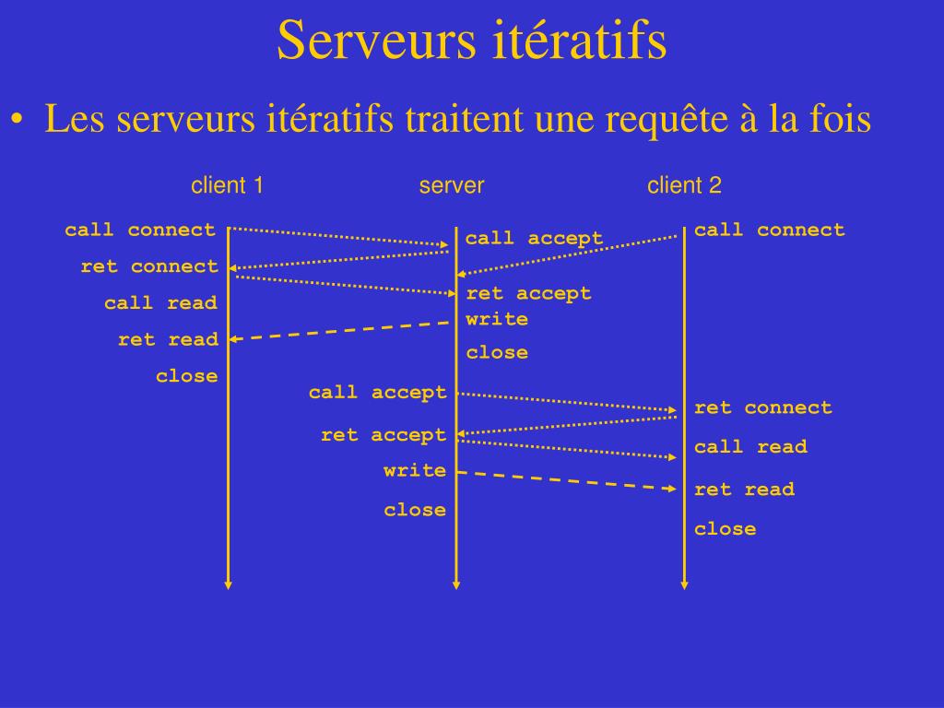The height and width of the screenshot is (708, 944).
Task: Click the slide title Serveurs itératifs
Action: pyautogui.click(x=471, y=41)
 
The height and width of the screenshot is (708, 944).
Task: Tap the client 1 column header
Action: pyautogui.click(x=228, y=185)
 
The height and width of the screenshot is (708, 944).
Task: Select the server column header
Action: pyautogui.click(x=452, y=185)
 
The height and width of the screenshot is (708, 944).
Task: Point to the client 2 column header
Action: pyautogui.click(x=684, y=185)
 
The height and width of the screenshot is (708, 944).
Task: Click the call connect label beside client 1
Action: pyautogui.click(x=140, y=230)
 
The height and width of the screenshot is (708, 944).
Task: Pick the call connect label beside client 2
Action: pyautogui.click(x=769, y=230)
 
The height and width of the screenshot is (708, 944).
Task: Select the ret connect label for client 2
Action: pyautogui.click(x=762, y=407)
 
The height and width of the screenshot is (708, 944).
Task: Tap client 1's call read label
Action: pyautogui.click(x=160, y=302)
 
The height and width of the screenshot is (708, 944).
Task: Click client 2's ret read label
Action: pyautogui.click(x=744, y=490)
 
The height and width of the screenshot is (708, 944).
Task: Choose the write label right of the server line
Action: pyautogui.click(x=497, y=319)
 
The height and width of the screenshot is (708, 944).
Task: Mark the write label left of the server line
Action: pyautogui.click(x=415, y=470)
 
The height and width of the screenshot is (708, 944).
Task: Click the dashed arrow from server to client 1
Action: pyautogui.click(x=341, y=331)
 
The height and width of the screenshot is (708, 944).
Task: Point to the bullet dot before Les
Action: pyautogui.click(x=18, y=121)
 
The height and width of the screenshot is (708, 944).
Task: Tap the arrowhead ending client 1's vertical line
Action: pyautogui.click(x=229, y=584)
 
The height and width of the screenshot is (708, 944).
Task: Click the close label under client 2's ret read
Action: pyautogui.click(x=725, y=529)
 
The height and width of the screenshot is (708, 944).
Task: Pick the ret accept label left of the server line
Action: pyautogui.click(x=383, y=434)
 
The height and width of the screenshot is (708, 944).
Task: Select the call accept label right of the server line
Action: pyautogui.click(x=534, y=239)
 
